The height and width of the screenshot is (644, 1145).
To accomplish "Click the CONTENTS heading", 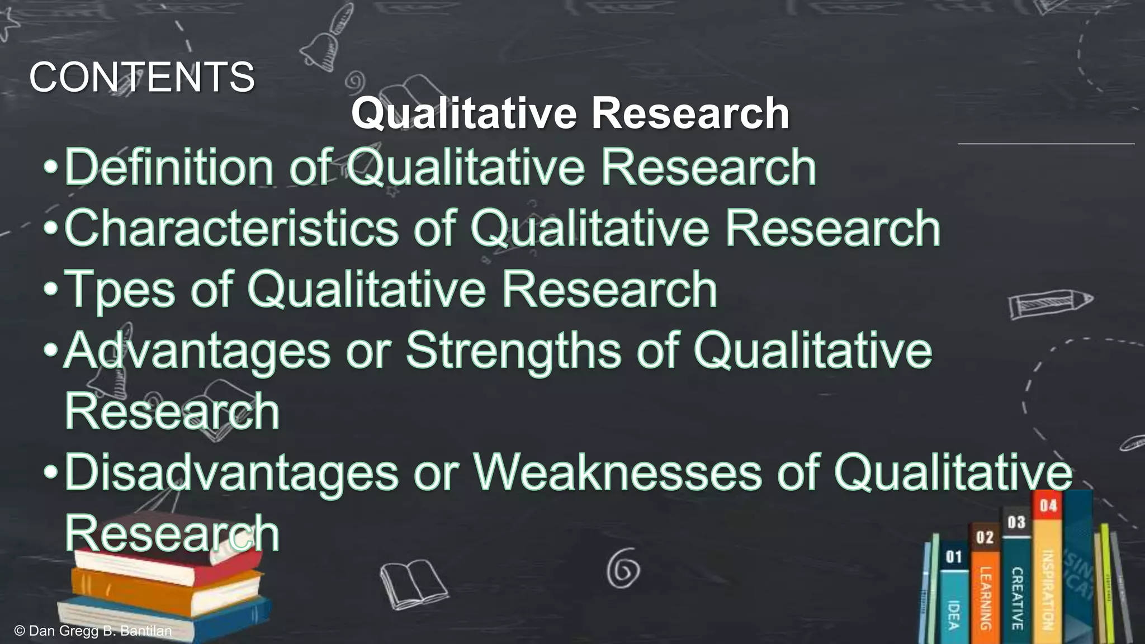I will [x=142, y=77].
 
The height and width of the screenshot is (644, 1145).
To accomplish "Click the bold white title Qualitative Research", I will [x=570, y=113].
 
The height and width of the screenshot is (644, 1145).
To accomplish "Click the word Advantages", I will [x=197, y=351].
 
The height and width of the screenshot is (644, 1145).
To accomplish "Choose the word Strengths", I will [x=513, y=351].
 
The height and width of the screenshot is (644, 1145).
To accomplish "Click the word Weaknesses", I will [x=618, y=473].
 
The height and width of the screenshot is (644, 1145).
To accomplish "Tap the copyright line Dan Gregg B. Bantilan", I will [x=93, y=631].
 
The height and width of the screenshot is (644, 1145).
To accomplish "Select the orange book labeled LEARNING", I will [x=985, y=598].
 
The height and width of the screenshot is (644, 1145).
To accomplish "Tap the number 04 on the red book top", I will [x=1048, y=506].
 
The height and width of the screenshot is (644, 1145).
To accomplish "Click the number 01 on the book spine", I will [x=954, y=557].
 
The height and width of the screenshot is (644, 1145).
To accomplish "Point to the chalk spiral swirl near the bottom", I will [x=623, y=568].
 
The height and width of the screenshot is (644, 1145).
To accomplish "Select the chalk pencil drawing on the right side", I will [x=1050, y=304].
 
